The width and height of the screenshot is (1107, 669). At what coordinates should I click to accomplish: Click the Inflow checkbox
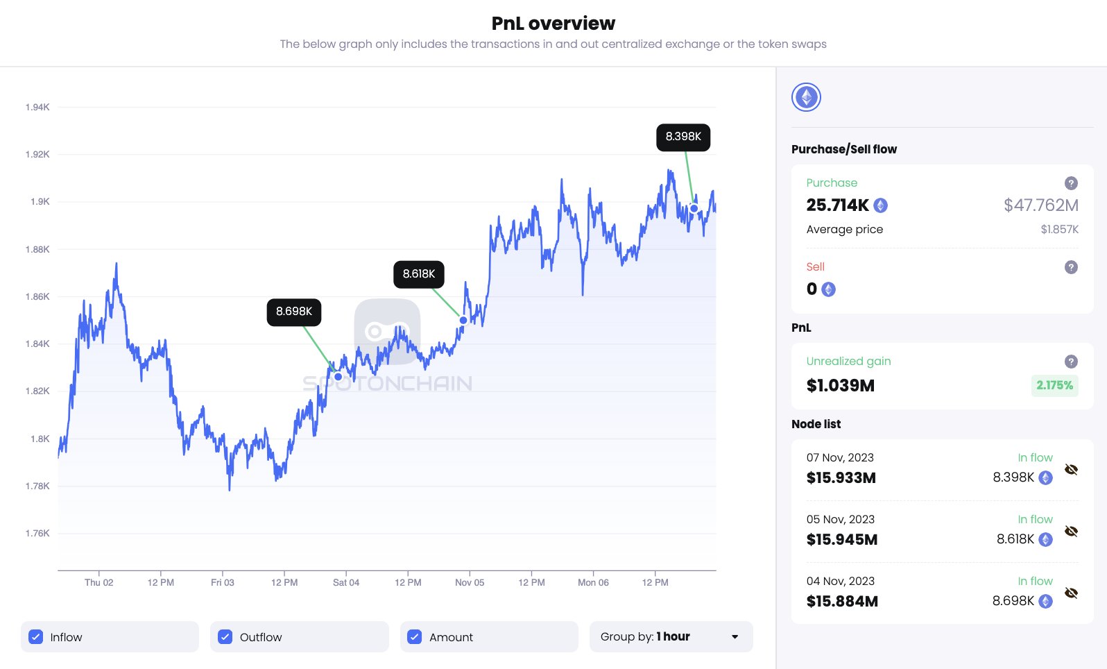(x=36, y=636)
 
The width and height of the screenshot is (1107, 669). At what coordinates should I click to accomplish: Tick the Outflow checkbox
(x=225, y=636)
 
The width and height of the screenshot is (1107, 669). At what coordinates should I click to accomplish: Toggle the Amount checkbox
(x=415, y=636)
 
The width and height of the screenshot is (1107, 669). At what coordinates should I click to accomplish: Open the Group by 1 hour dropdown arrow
(x=735, y=636)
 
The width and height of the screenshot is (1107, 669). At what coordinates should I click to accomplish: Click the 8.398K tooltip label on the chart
(x=683, y=137)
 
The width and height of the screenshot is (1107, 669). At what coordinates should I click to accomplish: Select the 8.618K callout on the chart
(x=419, y=274)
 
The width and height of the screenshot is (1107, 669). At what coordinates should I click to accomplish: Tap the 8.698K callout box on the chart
(x=294, y=312)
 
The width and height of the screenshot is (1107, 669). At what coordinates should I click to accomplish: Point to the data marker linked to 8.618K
(x=463, y=320)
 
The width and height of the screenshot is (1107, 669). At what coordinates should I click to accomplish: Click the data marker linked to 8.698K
(x=338, y=377)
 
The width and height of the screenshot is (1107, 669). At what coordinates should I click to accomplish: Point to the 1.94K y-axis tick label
(x=37, y=107)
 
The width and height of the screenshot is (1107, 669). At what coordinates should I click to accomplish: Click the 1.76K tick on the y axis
(x=37, y=533)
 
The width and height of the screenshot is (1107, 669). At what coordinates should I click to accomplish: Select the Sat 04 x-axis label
(x=346, y=582)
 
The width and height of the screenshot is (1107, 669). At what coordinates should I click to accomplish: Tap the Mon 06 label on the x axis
(x=593, y=582)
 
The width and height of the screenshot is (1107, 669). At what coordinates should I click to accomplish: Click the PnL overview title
(x=553, y=24)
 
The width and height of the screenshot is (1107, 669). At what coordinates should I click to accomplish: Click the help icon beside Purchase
(x=1071, y=183)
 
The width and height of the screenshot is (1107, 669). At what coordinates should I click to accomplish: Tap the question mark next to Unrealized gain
(x=1071, y=362)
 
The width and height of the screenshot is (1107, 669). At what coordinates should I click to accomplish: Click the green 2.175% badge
(x=1054, y=385)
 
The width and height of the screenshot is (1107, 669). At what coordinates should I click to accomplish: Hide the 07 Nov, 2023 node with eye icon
(x=1071, y=470)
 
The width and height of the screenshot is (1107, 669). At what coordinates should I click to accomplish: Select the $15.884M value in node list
(x=842, y=602)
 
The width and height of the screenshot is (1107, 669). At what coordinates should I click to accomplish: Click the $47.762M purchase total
(x=1040, y=205)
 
